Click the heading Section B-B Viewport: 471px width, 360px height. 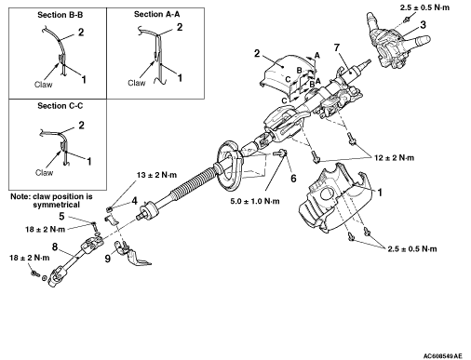[60, 15]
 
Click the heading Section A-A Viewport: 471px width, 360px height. [156, 14]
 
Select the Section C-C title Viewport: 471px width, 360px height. [61, 106]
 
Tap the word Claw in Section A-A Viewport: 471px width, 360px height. [137, 83]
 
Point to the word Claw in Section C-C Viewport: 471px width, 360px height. [44, 173]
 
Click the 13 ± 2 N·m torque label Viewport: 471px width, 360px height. [156, 175]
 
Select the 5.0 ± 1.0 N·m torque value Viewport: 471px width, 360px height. [255, 201]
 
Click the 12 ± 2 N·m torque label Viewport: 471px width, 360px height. [394, 158]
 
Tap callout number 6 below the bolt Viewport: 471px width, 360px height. [293, 179]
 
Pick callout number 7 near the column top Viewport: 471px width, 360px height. [337, 47]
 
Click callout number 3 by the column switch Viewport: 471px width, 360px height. [424, 25]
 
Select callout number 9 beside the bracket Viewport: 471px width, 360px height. [108, 259]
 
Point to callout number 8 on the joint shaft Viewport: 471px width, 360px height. [55, 247]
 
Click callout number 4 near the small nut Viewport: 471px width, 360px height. [134, 201]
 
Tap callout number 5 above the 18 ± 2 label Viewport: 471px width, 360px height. [61, 216]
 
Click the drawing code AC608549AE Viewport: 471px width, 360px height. [442, 355]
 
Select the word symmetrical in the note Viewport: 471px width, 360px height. [56, 205]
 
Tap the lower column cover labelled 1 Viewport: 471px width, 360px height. [332, 198]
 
